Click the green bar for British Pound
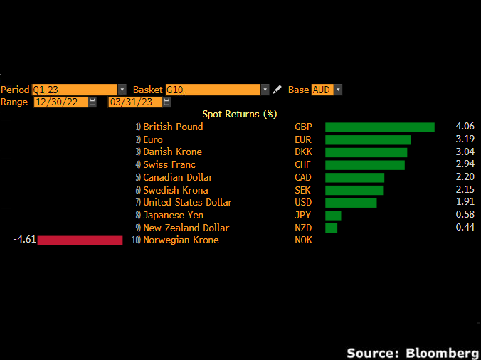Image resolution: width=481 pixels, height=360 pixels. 379,127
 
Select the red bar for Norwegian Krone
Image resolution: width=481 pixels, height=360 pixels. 80,240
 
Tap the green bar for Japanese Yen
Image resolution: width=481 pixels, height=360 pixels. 333,215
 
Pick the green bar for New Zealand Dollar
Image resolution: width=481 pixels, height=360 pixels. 331,228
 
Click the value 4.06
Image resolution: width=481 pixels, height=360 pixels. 465,127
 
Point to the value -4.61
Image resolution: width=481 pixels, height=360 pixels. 24,240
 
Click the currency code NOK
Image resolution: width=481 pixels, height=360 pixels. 304,240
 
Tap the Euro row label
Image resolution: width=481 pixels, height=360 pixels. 153,139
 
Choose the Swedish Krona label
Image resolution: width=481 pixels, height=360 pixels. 176,190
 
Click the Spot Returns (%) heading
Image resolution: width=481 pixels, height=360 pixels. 239,114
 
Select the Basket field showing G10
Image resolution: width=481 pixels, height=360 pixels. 213,90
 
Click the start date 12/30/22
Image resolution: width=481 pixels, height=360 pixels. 60,102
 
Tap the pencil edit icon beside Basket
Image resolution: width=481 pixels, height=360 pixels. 277,90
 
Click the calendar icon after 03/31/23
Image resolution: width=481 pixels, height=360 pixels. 166,102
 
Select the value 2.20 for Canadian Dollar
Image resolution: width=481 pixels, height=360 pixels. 465,177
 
